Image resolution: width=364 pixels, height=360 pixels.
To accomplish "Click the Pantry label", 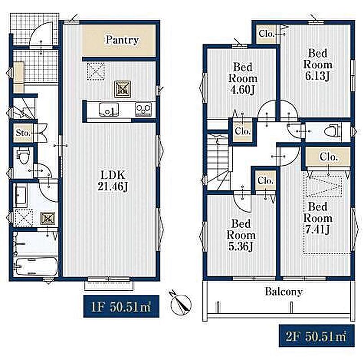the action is (122, 40).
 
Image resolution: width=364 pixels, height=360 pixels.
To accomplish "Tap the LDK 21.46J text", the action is (113, 181).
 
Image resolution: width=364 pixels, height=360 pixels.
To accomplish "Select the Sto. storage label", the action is (23, 133).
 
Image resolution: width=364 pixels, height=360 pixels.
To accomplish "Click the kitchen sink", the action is (109, 109).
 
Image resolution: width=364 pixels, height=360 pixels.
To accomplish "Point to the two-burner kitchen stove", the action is (143, 109).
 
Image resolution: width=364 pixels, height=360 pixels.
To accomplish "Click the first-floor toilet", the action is (23, 156).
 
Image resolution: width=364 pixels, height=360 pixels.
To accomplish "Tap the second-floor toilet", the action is (333, 131).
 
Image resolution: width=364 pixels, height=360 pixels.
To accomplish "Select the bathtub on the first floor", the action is (36, 266).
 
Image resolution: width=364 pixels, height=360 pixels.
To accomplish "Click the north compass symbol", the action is (181, 302).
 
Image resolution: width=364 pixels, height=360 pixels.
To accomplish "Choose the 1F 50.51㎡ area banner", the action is (121, 306).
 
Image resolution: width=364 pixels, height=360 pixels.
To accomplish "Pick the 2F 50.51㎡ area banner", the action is (317, 336).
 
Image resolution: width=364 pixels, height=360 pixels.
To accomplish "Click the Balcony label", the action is (284, 292).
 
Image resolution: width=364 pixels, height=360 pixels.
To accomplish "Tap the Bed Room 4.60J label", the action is (243, 79).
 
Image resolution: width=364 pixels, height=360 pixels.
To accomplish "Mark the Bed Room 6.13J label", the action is (318, 64).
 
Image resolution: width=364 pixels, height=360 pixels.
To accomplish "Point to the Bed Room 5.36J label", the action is (241, 235).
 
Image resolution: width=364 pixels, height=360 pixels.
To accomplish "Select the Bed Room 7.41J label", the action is (318, 218).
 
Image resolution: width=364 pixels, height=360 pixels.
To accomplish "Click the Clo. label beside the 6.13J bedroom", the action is (266, 34).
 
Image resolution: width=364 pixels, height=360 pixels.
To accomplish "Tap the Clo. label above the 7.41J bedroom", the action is (328, 157).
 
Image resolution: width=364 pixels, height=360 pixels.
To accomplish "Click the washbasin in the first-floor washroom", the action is (21, 195).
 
